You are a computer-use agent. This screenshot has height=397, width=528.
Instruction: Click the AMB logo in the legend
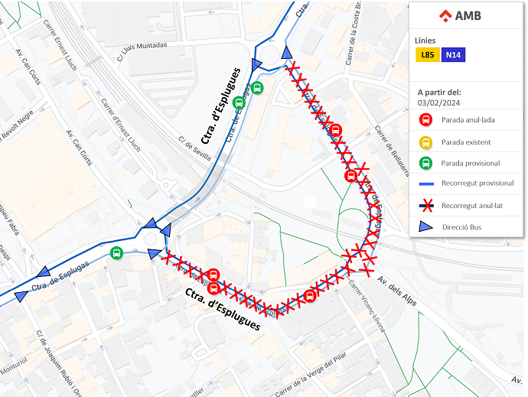[460, 15]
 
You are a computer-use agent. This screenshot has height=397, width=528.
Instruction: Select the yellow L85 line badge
[427, 55]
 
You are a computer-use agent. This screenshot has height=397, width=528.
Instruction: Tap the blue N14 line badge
[452, 55]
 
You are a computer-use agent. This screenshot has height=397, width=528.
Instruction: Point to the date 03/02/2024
[438, 102]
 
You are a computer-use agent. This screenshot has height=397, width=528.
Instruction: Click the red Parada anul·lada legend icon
[425, 120]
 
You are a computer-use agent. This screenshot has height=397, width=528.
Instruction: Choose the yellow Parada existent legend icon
[425, 142]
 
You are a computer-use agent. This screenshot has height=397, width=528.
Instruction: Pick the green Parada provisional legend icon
[425, 163]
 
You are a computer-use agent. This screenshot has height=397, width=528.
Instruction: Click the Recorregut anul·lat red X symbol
[426, 205]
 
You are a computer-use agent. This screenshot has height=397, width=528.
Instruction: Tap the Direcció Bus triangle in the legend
[426, 227]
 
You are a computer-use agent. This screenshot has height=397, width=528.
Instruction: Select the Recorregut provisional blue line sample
[426, 184]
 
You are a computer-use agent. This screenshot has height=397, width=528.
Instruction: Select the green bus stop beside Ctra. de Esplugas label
[117, 253]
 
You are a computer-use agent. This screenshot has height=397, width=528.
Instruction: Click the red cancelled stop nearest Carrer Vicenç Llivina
[310, 295]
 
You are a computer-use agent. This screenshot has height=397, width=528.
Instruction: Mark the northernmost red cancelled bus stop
[335, 129]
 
